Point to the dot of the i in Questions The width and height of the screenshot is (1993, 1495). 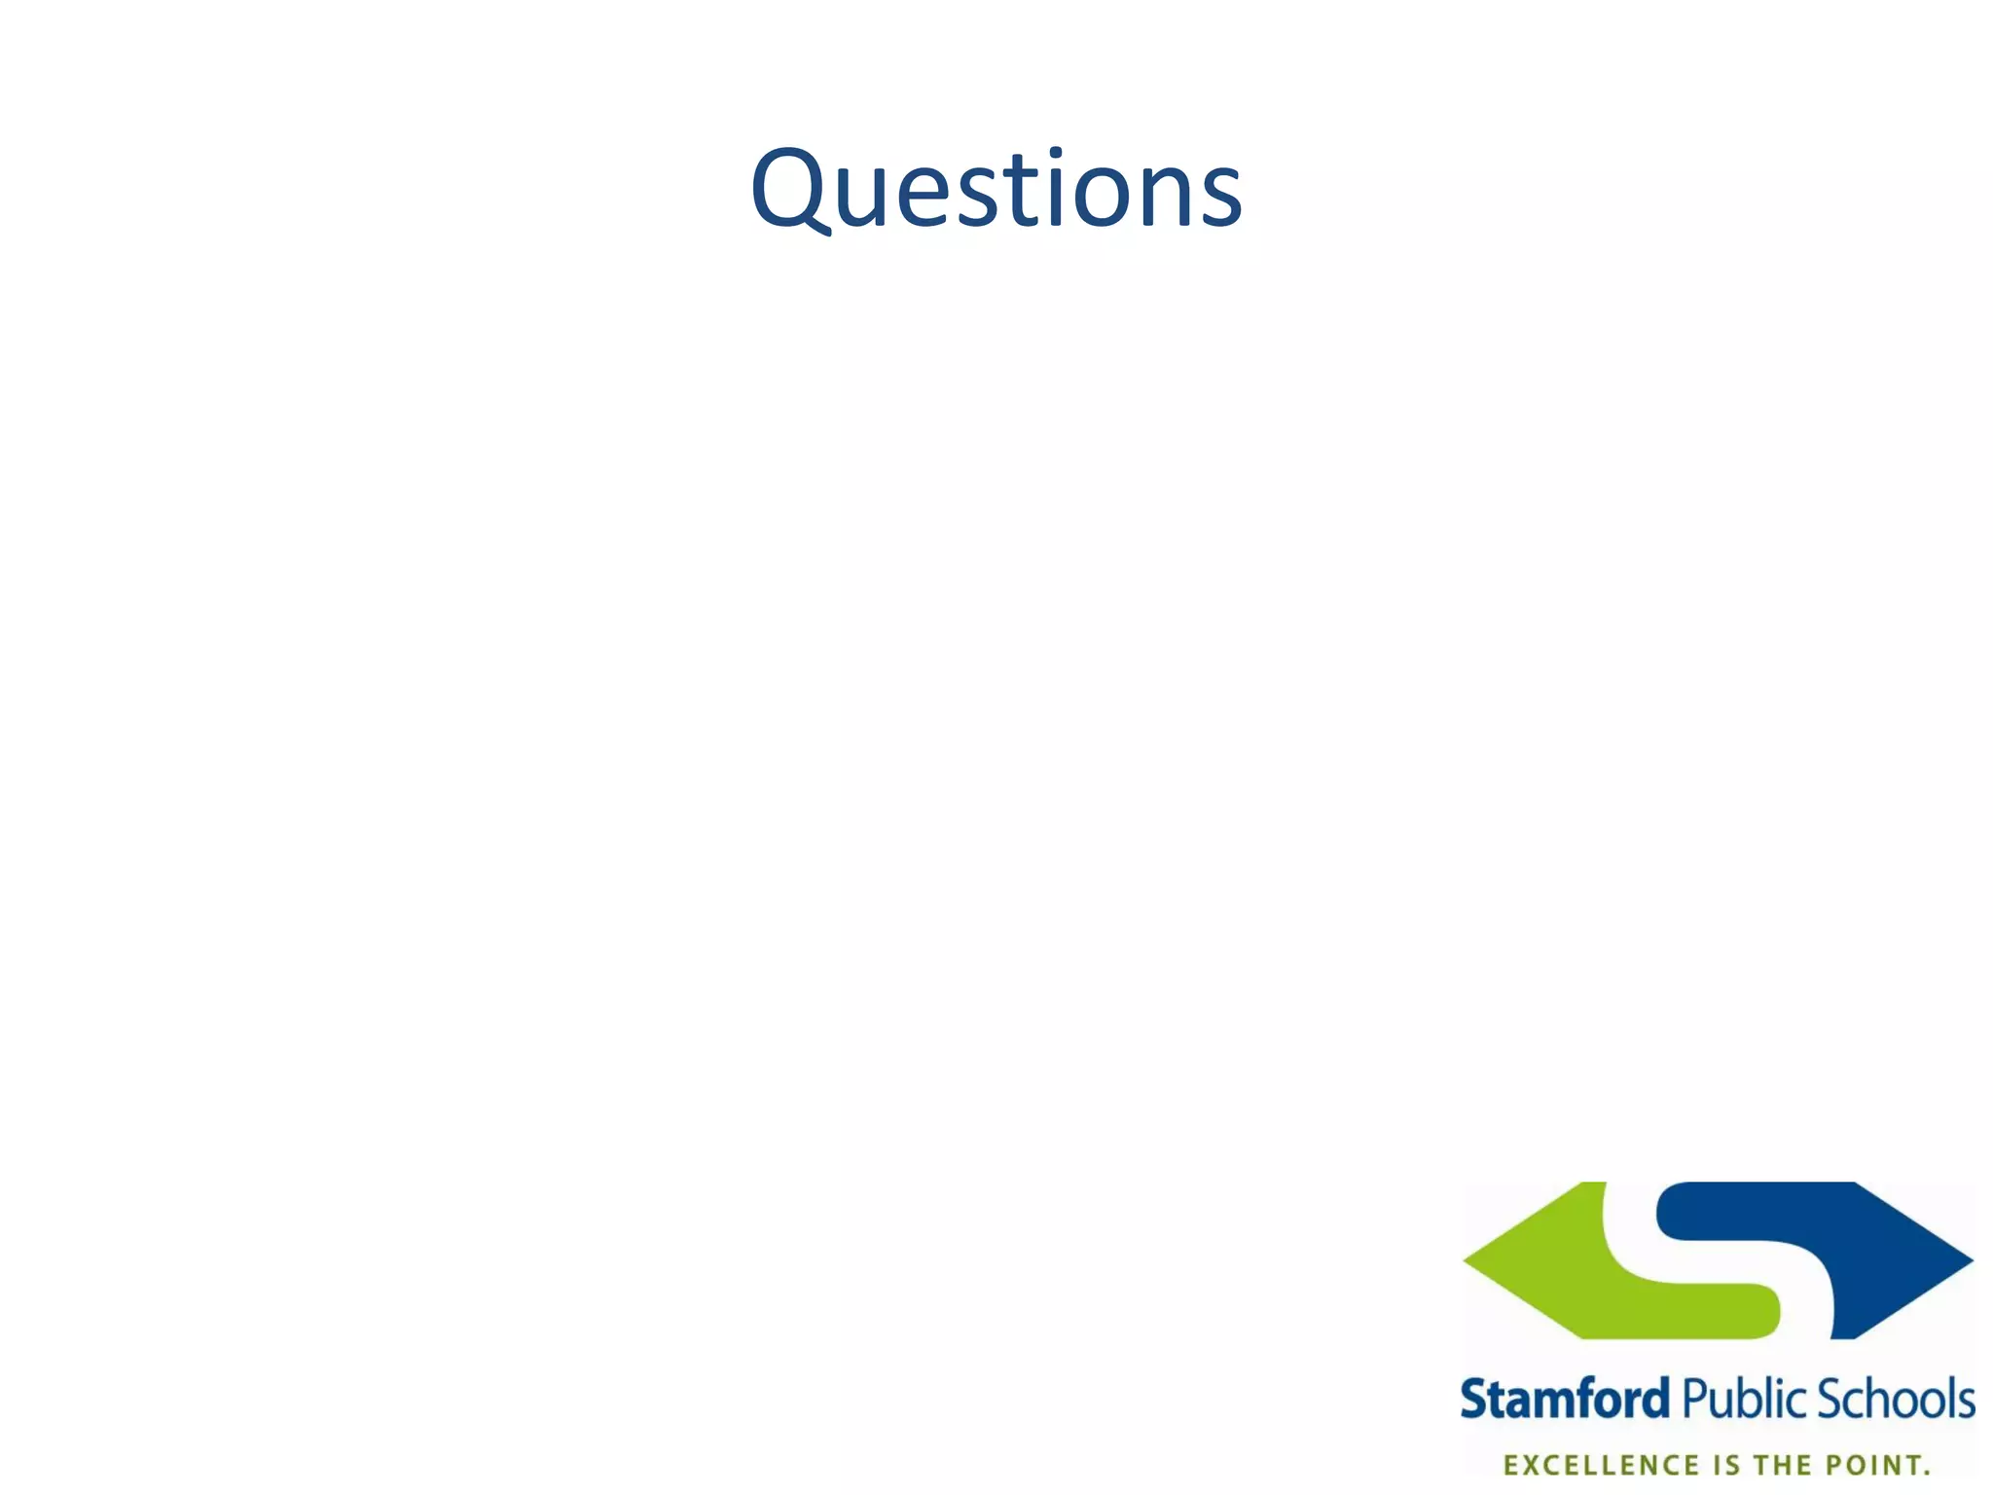point(1057,156)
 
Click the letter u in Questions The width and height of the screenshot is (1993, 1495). point(866,198)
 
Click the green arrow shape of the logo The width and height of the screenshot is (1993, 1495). point(1596,1275)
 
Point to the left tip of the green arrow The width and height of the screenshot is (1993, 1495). point(1467,1259)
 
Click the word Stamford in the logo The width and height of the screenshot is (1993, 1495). point(1565,1400)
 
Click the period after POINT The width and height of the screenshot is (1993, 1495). point(1926,1472)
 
